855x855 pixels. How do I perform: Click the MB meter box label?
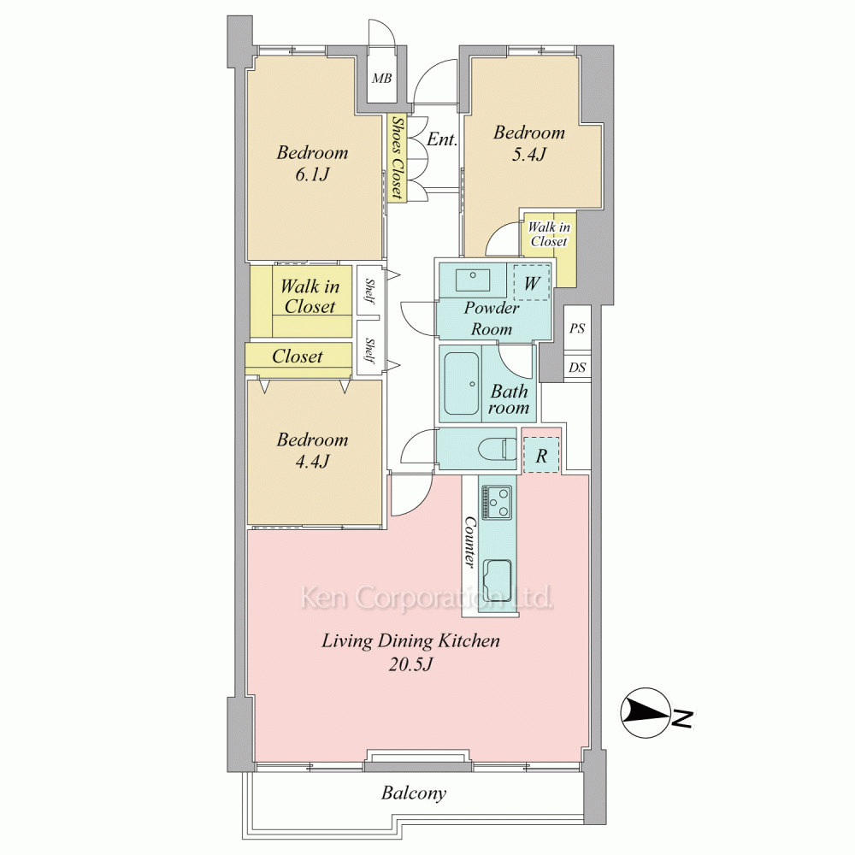click(381, 79)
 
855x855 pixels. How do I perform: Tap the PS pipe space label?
click(577, 328)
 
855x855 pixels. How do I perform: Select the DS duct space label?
click(577, 368)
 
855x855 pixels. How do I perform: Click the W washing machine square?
click(532, 282)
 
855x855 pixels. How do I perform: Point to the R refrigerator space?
click(541, 456)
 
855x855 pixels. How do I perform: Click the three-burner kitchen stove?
click(497, 502)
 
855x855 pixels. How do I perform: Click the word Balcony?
click(413, 793)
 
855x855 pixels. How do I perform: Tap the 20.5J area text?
click(410, 664)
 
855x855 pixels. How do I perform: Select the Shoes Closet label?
click(398, 157)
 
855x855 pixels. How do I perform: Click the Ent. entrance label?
click(442, 139)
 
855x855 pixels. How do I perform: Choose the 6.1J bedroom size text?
click(312, 174)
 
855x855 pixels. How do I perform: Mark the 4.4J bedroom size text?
click(312, 462)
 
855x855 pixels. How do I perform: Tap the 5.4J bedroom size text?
click(529, 154)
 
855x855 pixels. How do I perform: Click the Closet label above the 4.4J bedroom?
click(298, 357)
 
